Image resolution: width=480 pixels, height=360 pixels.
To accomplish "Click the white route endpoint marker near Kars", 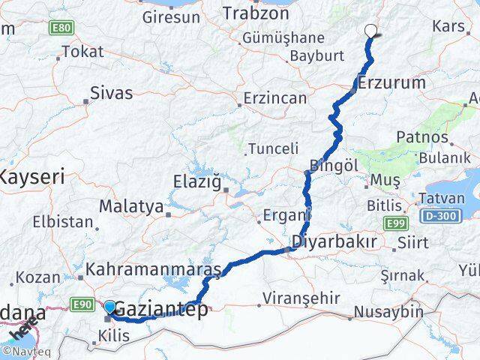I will point(370,31).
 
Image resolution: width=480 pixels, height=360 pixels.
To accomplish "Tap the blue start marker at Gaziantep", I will point(110,307).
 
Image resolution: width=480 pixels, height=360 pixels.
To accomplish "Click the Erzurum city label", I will point(391,82).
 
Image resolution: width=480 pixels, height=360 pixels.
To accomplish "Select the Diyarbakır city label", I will point(334,244).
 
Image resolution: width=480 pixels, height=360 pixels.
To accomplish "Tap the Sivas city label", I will point(111,94).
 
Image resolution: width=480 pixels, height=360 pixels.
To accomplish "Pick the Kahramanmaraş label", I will point(153,268).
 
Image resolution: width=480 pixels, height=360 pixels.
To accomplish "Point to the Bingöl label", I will point(331,165).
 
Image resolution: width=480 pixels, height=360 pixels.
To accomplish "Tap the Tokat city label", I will point(82,52).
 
